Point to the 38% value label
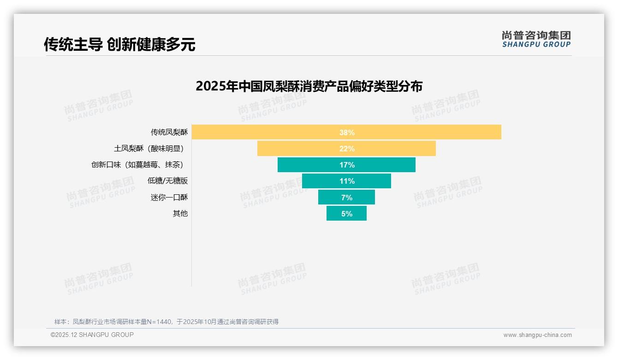[x=347, y=132]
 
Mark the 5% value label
[x=347, y=214]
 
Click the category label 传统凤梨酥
[x=169, y=132]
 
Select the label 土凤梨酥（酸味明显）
[x=151, y=149]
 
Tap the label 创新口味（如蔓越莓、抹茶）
[x=139, y=165]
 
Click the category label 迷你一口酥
[x=169, y=198]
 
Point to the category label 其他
[x=180, y=214]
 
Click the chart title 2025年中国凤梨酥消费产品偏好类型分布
[x=309, y=86]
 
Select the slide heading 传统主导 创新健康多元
[x=119, y=44]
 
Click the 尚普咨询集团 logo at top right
[x=536, y=39]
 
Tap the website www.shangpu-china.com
[x=537, y=335]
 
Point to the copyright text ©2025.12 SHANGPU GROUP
[x=92, y=335]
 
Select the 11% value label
[x=347, y=181]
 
